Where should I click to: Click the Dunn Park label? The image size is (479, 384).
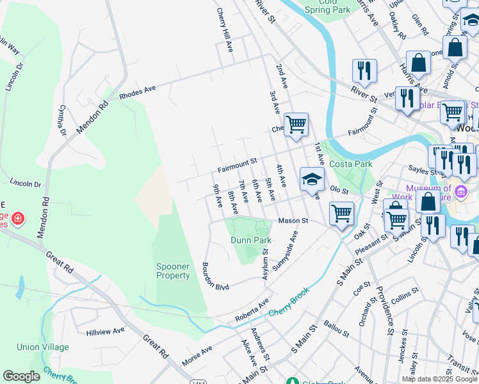251,240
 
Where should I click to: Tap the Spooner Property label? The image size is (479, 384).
173,271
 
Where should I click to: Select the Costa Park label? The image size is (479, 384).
350,164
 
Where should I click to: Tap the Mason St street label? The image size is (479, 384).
293,221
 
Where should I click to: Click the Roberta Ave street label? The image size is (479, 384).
252,309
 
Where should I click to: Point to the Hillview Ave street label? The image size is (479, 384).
106,332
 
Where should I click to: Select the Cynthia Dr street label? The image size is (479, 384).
63,120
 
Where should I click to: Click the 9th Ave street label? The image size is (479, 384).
218,196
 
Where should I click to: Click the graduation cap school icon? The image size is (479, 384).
312,179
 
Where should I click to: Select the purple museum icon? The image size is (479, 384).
460,191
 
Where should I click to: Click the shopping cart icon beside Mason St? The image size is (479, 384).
341,213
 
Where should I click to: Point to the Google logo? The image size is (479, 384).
21,376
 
